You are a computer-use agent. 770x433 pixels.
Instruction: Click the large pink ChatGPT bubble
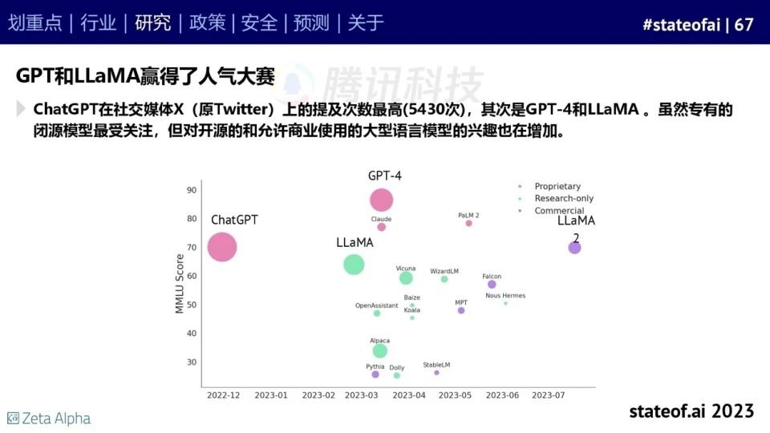[x=222, y=246]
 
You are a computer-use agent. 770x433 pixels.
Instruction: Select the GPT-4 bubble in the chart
[x=382, y=200]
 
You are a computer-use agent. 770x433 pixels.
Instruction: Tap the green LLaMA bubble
[x=354, y=264]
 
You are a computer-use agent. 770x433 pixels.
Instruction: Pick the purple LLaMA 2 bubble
[x=574, y=248]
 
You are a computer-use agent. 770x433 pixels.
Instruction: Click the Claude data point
[x=382, y=227]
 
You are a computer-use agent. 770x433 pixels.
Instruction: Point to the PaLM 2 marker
[x=469, y=223]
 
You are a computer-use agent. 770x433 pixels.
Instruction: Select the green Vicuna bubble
[x=406, y=278]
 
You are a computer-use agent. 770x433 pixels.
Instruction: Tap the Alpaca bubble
[x=380, y=350]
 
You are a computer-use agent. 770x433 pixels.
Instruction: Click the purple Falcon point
[x=492, y=285]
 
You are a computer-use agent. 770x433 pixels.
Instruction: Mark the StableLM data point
[x=437, y=372]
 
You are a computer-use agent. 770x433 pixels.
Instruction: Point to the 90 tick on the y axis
[x=192, y=190]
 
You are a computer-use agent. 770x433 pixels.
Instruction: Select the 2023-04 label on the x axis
[x=409, y=395]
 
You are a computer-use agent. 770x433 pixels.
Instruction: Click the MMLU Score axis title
[x=180, y=283]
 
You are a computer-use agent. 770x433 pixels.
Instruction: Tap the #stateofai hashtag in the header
[x=681, y=25]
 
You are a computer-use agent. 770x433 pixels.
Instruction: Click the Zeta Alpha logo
[x=49, y=419]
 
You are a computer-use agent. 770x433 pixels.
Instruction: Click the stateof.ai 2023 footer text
[x=691, y=411]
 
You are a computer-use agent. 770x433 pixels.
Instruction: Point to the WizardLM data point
[x=444, y=279]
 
